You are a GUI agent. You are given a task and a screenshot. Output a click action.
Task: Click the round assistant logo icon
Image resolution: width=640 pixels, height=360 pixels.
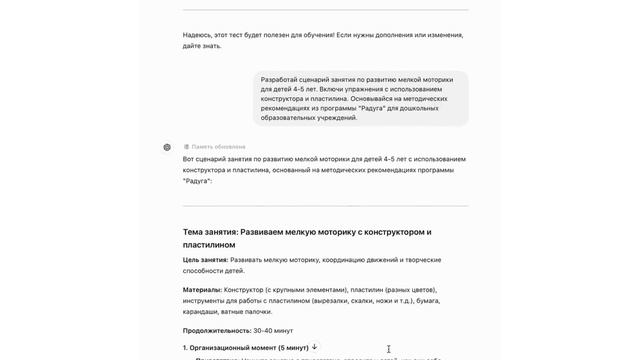(x=167, y=147)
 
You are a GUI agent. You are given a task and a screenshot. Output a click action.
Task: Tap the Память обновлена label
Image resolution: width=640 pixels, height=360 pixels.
(x=218, y=147)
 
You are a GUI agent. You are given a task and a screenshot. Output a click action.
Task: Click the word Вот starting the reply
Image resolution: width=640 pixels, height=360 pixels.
(x=189, y=159)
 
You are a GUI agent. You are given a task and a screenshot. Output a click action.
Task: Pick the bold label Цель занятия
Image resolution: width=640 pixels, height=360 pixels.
(x=205, y=260)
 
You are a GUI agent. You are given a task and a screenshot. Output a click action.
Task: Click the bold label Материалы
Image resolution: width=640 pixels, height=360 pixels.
(x=202, y=290)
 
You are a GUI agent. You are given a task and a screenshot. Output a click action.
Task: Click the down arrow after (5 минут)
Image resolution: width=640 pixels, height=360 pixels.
(x=314, y=347)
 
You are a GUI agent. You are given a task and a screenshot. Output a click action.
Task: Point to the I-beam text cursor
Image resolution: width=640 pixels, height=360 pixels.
(x=388, y=349)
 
